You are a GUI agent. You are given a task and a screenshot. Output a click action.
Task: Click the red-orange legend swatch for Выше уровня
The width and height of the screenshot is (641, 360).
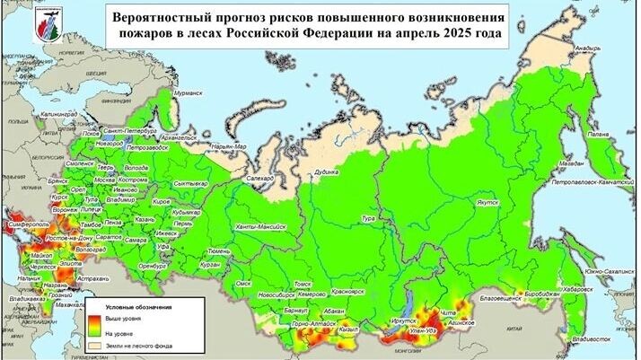(96, 317)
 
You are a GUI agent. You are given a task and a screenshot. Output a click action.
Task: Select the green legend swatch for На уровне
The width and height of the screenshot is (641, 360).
(96, 330)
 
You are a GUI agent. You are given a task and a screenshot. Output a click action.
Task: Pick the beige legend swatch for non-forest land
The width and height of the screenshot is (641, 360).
(96, 345)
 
